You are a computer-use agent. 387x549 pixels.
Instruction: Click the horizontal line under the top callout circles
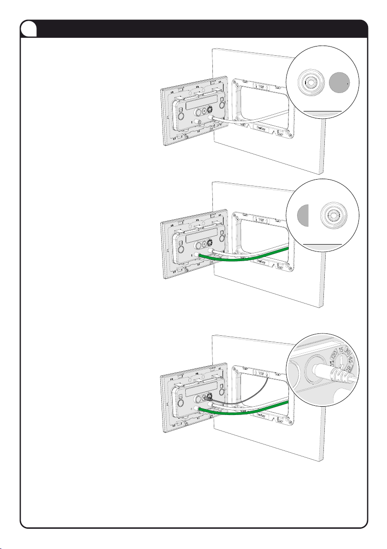[x=322, y=111]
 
